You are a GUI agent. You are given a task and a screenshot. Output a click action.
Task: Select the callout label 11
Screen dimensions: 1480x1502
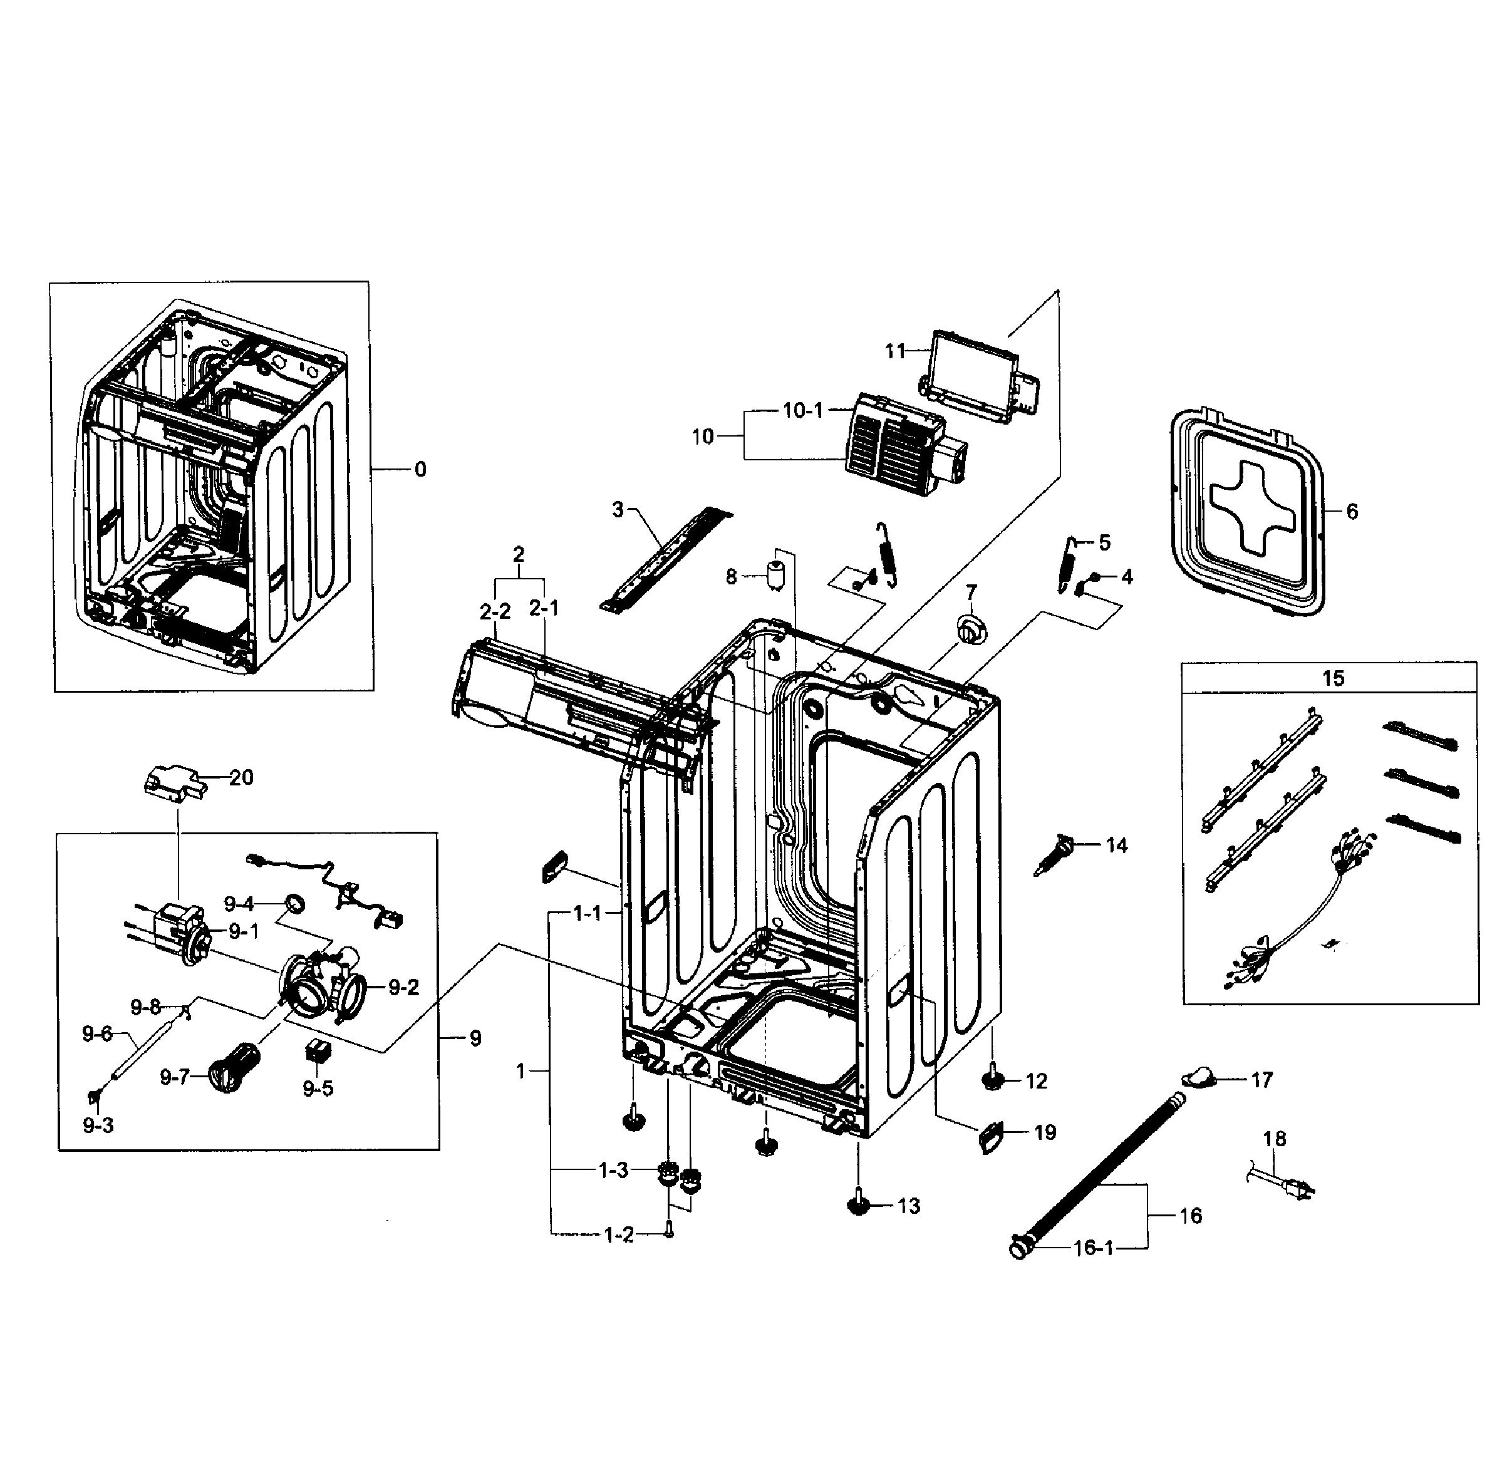click(x=896, y=351)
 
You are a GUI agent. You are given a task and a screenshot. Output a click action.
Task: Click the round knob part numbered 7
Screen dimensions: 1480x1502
click(x=970, y=628)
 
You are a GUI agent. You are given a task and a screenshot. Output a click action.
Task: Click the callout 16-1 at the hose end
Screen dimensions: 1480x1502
click(x=1093, y=1248)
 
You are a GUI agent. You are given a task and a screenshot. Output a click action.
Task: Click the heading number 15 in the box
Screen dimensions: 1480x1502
click(x=1332, y=678)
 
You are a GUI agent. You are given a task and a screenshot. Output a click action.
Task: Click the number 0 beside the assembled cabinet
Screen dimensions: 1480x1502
click(x=420, y=470)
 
